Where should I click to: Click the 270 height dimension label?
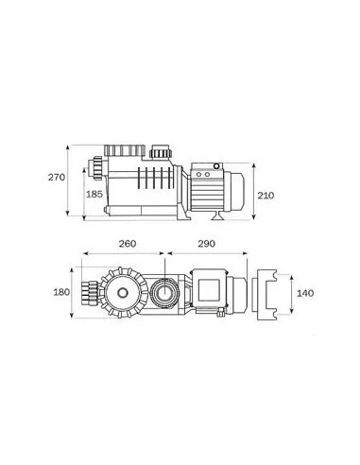57,177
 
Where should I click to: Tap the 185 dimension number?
94,194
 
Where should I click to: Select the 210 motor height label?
266,196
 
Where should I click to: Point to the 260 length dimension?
128,244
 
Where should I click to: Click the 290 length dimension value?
206,244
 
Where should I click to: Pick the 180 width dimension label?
61,292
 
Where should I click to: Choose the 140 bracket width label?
305,293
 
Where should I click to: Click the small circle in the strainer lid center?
123,293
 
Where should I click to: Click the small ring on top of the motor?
216,165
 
